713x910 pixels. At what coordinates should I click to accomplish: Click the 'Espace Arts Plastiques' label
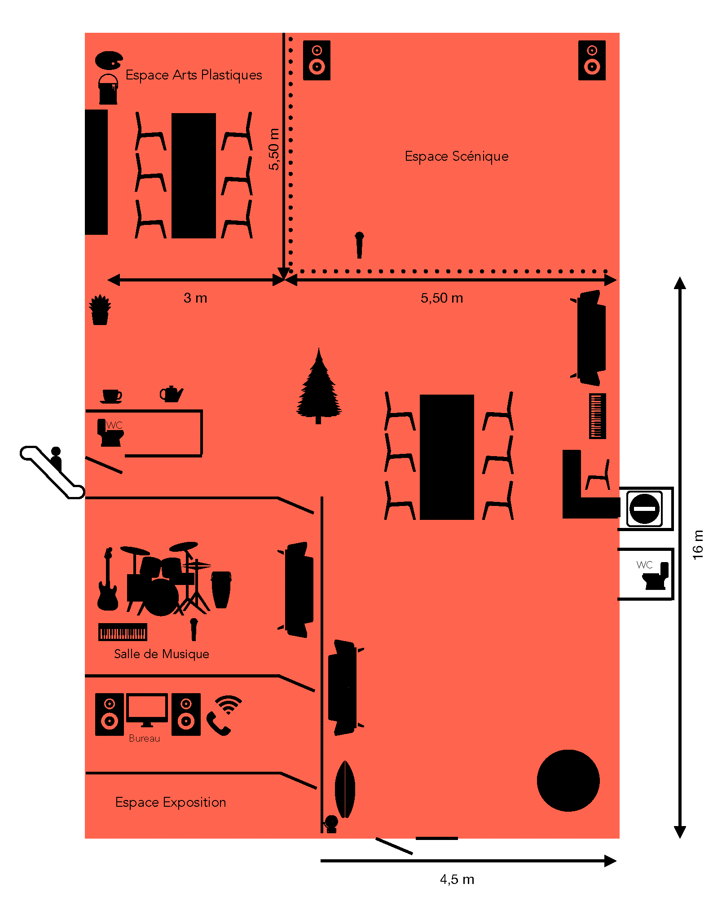tap(194, 75)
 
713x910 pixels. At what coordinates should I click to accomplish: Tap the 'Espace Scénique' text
tap(457, 156)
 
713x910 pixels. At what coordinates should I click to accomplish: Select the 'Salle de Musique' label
tap(162, 654)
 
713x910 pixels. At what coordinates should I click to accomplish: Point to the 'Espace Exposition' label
tap(171, 802)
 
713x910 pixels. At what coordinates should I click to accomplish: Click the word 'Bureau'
tap(144, 739)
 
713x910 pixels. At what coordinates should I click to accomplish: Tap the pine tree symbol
tap(319, 386)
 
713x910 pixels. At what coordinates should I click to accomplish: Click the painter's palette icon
tap(109, 60)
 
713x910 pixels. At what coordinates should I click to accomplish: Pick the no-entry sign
tap(645, 509)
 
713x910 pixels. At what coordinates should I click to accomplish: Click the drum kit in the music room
tap(166, 579)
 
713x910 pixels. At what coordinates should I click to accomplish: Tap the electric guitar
tap(108, 579)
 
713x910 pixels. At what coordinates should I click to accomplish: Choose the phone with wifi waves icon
tap(224, 715)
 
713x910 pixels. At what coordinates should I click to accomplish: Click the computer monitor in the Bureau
tap(147, 710)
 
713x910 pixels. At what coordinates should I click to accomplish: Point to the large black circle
tap(568, 780)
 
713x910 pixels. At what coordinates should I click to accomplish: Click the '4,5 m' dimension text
tap(457, 879)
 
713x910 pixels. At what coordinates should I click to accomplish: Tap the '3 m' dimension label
tap(195, 298)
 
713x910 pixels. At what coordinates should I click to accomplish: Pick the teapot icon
tap(172, 394)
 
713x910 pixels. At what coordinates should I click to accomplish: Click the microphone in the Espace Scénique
tap(359, 245)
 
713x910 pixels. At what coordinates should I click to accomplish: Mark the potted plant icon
tap(100, 310)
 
